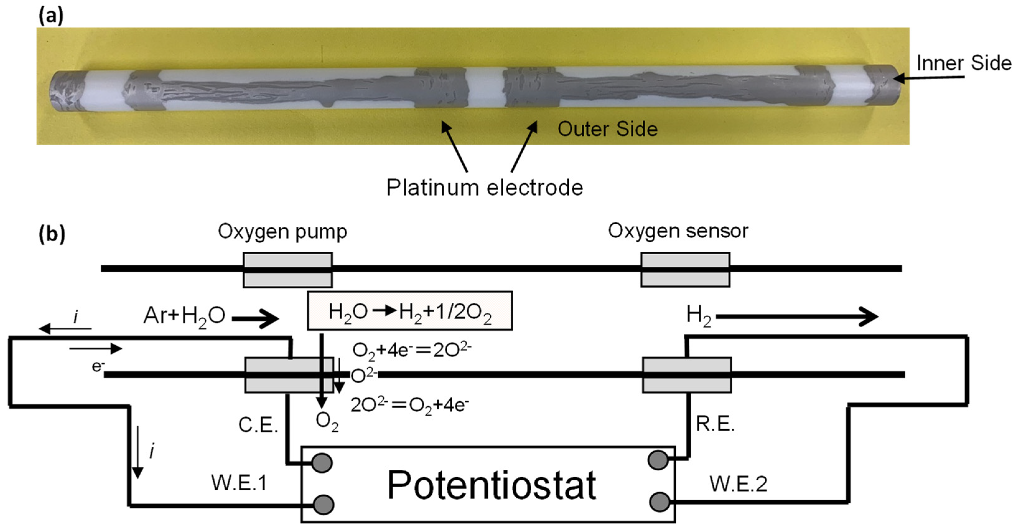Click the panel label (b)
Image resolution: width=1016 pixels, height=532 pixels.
[51, 234]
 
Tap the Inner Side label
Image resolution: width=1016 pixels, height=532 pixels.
[963, 63]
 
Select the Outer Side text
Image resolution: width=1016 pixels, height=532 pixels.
[607, 129]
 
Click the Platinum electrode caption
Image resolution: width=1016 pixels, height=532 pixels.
[484, 187]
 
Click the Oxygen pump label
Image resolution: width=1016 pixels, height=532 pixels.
[282, 232]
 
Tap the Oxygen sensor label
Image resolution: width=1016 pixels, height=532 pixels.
[678, 231]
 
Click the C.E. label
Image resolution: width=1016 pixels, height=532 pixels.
[258, 425]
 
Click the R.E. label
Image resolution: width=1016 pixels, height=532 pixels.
[715, 424]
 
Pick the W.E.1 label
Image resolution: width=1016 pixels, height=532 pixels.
[239, 483]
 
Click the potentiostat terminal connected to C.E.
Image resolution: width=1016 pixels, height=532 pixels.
[322, 463]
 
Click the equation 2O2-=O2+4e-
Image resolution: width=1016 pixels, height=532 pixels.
[409, 405]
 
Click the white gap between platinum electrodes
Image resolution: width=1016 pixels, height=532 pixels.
[485, 87]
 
